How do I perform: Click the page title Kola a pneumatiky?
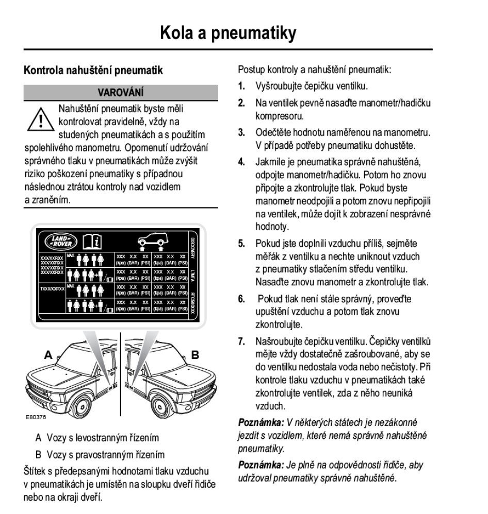click(x=228, y=32)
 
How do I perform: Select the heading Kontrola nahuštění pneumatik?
click(x=93, y=71)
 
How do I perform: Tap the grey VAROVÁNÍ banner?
click(x=121, y=93)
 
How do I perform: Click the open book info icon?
click(x=92, y=241)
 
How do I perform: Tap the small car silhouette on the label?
click(x=152, y=239)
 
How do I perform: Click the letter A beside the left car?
click(x=48, y=355)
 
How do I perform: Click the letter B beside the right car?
click(x=195, y=355)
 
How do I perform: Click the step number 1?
click(x=241, y=86)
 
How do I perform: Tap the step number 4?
click(x=241, y=162)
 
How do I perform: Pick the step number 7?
click(x=241, y=341)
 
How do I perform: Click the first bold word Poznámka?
click(x=261, y=423)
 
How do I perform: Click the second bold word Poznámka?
click(x=261, y=466)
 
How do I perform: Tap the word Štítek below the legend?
click(x=36, y=471)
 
